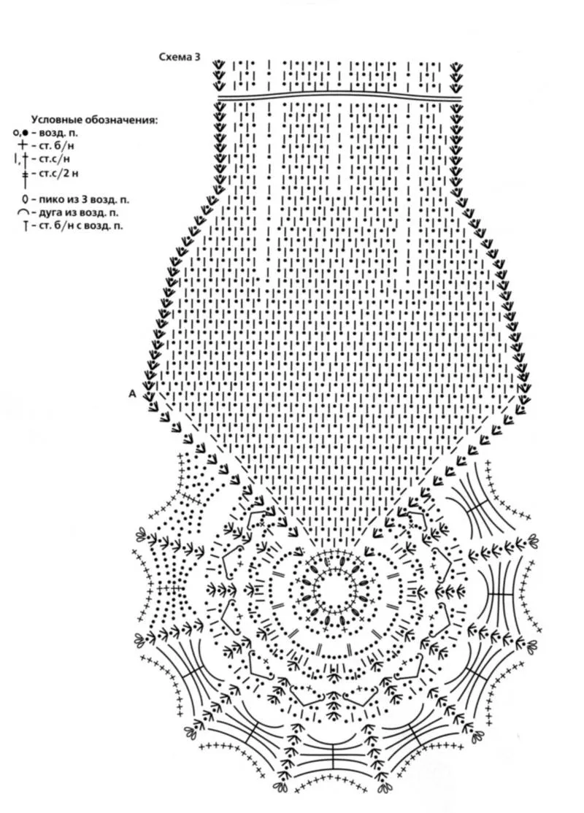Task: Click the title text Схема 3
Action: click(179, 56)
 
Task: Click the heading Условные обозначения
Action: click(94, 119)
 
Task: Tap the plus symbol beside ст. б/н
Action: click(22, 145)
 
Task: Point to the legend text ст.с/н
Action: click(54, 158)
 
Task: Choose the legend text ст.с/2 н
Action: click(58, 173)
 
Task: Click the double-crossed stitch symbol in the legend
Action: click(24, 176)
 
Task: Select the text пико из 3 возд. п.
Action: click(85, 199)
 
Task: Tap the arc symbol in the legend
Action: click(23, 212)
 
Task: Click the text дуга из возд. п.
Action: click(80, 212)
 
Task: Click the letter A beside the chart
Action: click(132, 393)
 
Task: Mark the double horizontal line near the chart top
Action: click(339, 95)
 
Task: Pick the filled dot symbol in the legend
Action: click(25, 133)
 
